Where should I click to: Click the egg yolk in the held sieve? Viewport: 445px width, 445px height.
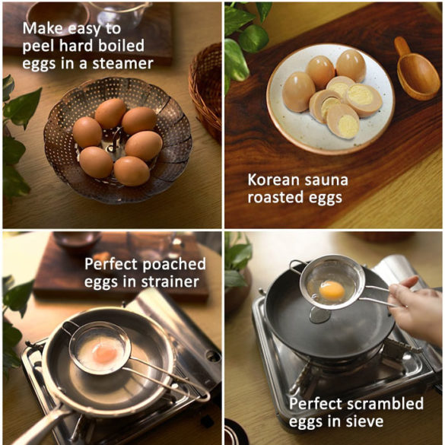point(332,290)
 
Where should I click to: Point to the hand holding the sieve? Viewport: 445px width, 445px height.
point(417,308)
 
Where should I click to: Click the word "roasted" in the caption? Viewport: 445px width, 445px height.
point(278,199)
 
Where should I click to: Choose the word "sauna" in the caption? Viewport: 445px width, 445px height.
point(329,181)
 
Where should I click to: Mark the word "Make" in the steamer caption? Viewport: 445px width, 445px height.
point(42,28)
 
